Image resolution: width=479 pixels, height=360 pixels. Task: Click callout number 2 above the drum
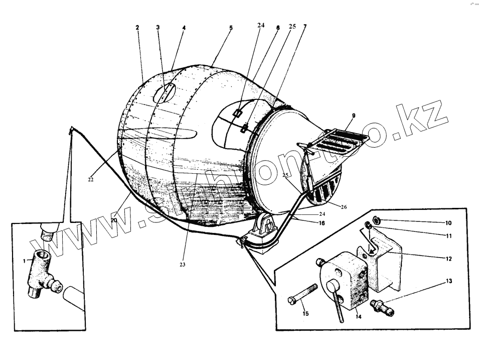[x=137, y=27]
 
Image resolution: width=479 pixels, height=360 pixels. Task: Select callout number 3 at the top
[x=157, y=27]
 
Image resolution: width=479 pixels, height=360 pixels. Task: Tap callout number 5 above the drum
[x=231, y=28]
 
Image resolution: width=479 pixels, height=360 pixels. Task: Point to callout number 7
[x=304, y=26]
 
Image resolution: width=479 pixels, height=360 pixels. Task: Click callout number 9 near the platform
[x=353, y=115]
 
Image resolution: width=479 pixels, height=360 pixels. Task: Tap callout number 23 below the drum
[x=183, y=265]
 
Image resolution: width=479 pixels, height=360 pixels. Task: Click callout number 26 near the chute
[x=344, y=206]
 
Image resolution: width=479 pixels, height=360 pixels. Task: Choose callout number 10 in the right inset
[x=448, y=222]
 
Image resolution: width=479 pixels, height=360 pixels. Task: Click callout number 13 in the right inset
[x=448, y=281]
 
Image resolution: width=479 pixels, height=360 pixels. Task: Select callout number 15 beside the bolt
[x=305, y=314]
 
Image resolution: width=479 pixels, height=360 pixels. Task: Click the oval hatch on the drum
[x=165, y=93]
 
